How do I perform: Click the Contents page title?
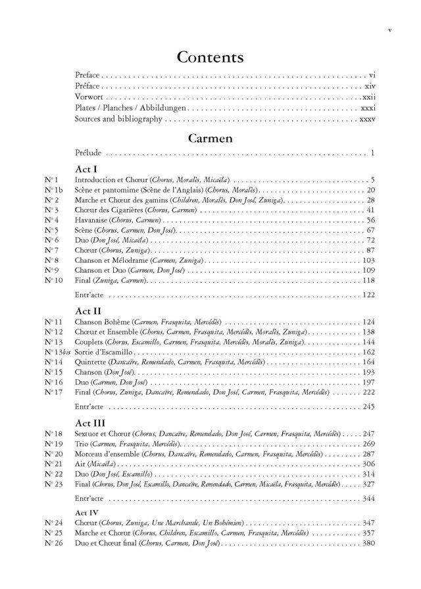[210, 57]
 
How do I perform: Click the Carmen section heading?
[210, 138]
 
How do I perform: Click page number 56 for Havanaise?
[370, 220]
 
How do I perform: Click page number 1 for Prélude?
[372, 153]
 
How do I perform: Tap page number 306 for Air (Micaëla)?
[368, 464]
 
